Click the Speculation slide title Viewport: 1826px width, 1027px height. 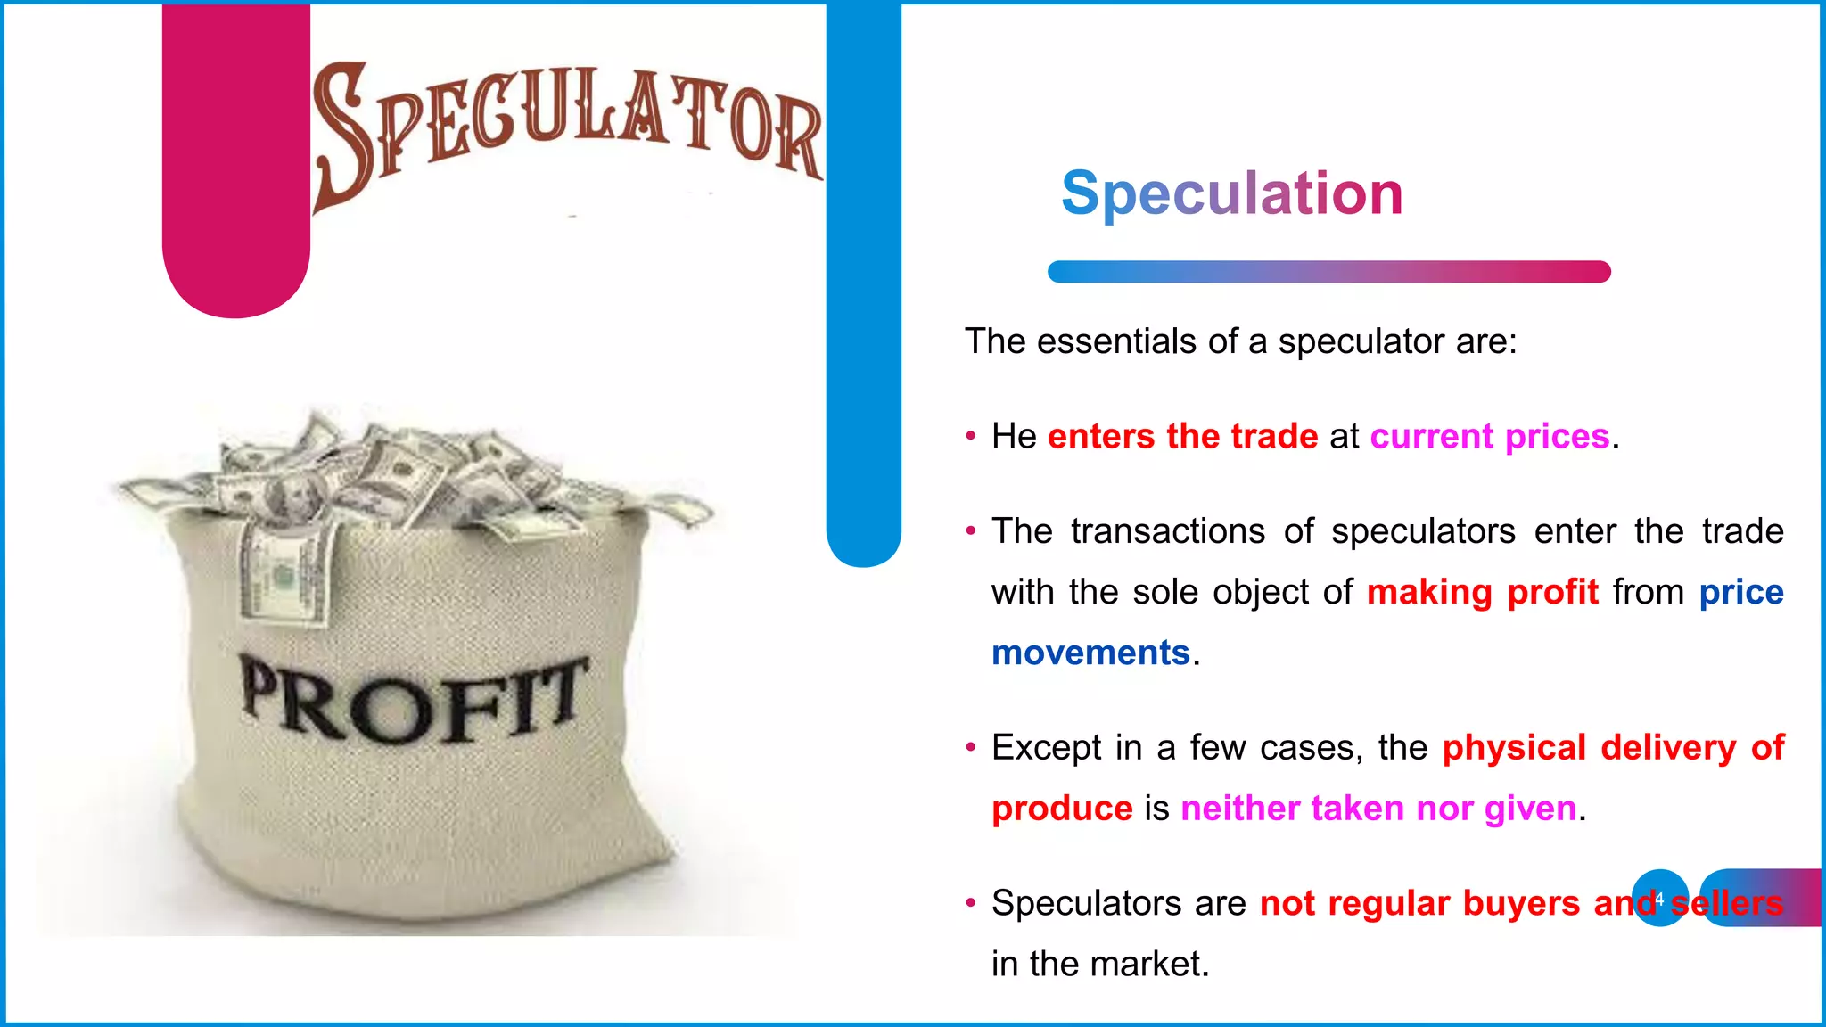pos(1231,193)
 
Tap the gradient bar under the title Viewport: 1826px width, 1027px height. pos(1328,272)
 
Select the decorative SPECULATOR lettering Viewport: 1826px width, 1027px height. pos(567,125)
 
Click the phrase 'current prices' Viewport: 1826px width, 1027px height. pos(1489,437)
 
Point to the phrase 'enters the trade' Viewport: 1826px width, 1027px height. pos(1182,437)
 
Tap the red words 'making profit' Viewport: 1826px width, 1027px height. pos(1482,592)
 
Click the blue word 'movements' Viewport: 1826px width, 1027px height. pos(1090,653)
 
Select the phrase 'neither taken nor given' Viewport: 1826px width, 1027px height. pos(1378,809)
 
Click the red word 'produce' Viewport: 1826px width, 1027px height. pos(1062,809)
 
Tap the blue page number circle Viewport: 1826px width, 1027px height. pos(1659,898)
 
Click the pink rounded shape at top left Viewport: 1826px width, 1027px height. pos(236,160)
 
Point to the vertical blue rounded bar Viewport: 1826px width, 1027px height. pos(863,285)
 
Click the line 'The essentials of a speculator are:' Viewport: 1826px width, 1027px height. pos(1240,341)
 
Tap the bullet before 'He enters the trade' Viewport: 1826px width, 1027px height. pos(971,437)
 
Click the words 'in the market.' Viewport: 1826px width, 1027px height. pos(1100,964)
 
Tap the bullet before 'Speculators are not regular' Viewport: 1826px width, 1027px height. pos(971,903)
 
